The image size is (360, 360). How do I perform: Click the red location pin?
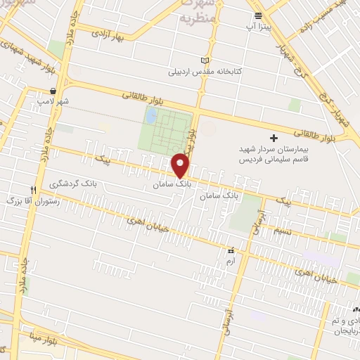181,165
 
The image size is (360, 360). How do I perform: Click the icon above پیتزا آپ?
258,15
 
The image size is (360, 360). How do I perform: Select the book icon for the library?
205,60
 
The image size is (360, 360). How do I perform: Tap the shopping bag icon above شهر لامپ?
53,91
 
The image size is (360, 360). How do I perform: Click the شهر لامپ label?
54,102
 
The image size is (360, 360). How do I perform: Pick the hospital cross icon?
274,137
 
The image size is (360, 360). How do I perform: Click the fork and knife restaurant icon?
33,191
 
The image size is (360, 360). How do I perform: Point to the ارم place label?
230,261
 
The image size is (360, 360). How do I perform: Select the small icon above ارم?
230,250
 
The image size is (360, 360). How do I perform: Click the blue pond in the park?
151,115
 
